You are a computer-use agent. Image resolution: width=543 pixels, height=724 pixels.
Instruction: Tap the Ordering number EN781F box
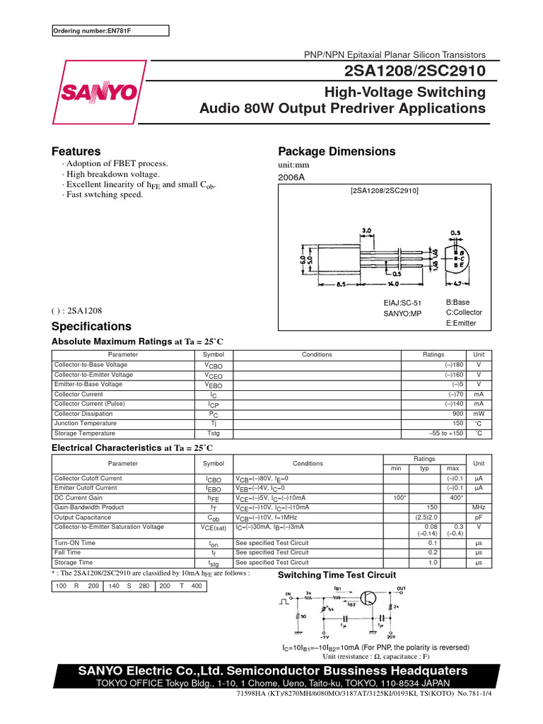(x=111, y=30)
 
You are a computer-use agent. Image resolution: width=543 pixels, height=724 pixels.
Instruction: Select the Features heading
(x=76, y=151)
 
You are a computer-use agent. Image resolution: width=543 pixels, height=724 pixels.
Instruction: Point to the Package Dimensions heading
(x=337, y=151)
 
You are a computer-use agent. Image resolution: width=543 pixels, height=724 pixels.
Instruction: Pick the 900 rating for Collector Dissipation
(x=457, y=414)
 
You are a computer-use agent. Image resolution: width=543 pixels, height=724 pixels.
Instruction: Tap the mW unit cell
(x=479, y=414)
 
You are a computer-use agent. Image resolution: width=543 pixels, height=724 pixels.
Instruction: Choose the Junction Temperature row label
(x=86, y=424)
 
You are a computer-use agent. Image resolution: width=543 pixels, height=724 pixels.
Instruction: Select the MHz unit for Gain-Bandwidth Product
(x=479, y=508)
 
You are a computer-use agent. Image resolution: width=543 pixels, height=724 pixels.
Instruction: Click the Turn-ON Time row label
(x=75, y=543)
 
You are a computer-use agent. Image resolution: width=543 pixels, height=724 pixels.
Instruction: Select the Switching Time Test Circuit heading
(x=337, y=575)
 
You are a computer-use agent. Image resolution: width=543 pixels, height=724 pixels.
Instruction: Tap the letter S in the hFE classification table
(x=129, y=587)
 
